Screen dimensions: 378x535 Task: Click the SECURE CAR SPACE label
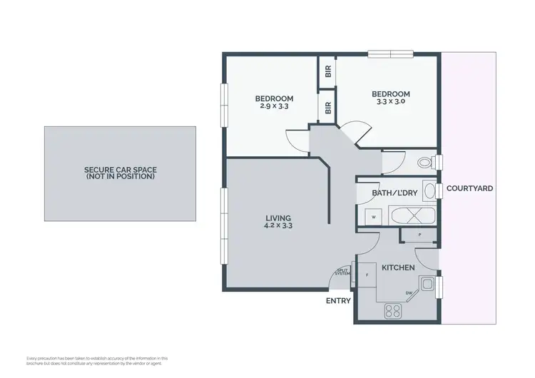click(x=120, y=173)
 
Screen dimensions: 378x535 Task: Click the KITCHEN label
click(x=398, y=267)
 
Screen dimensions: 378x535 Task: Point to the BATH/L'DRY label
click(x=394, y=193)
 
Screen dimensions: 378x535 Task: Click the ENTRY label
click(x=338, y=301)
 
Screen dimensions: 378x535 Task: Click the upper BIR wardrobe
click(x=327, y=71)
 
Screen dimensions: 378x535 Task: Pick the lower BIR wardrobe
click(x=327, y=108)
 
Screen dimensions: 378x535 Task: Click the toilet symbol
click(x=425, y=163)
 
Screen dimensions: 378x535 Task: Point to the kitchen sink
click(x=427, y=285)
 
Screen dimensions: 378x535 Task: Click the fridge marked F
click(x=367, y=274)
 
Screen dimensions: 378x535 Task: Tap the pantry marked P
click(x=419, y=233)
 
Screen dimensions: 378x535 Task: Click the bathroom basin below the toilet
click(x=429, y=190)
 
